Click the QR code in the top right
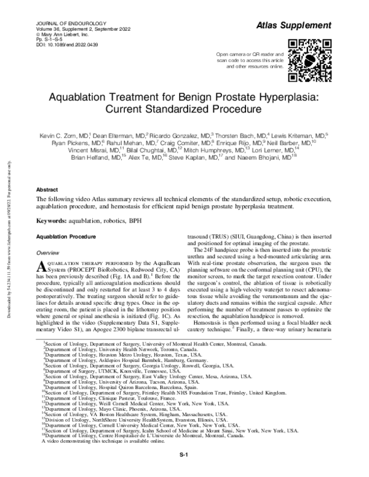[309, 60]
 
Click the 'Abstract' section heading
[47, 191]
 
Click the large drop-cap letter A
[41, 266]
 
